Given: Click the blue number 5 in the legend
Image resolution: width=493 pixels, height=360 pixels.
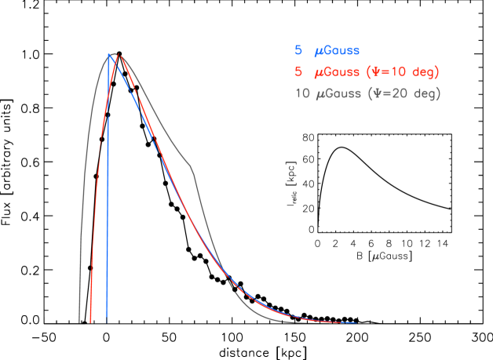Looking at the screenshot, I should [298, 51].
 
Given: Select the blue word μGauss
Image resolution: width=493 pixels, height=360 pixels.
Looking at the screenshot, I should [337, 51].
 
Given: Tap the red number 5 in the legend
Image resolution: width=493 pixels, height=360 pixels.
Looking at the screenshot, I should [298, 72].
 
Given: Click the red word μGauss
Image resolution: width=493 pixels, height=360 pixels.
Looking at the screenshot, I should [337, 72].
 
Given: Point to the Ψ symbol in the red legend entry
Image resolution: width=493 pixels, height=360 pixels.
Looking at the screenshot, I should [377, 72].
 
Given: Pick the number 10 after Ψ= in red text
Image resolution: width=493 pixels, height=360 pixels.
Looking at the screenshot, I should [397, 72].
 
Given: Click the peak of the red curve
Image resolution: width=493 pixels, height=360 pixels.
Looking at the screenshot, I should [119, 55].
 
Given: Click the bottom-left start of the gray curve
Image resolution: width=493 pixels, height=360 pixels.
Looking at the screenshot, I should [79, 322].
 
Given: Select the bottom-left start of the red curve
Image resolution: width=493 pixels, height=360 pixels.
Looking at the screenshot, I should [91, 322].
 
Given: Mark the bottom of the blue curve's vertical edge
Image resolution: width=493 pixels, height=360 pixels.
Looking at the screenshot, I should [107, 322].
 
